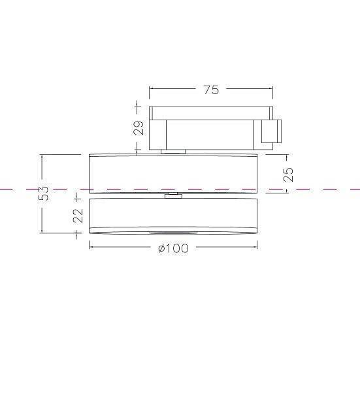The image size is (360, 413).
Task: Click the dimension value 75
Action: point(211,90)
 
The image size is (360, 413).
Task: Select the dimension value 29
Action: point(139,127)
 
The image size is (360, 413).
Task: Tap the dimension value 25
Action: point(288,174)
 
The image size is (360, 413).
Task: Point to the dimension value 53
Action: point(43,193)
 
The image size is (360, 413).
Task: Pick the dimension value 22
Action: point(78,215)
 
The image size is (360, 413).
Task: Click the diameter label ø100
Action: point(173,248)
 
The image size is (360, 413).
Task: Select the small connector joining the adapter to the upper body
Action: point(173,152)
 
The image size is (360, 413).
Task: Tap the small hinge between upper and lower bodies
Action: point(173,195)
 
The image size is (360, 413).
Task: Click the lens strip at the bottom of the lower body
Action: point(172,233)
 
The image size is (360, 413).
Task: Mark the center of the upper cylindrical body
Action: point(173,173)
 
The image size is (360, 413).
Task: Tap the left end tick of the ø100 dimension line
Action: point(89,246)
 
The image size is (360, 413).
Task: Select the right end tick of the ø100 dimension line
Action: point(257,246)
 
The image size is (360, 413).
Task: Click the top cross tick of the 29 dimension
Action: point(137,106)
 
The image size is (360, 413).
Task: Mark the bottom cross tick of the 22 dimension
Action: point(78,233)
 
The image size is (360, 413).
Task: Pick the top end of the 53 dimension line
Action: point(42,155)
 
